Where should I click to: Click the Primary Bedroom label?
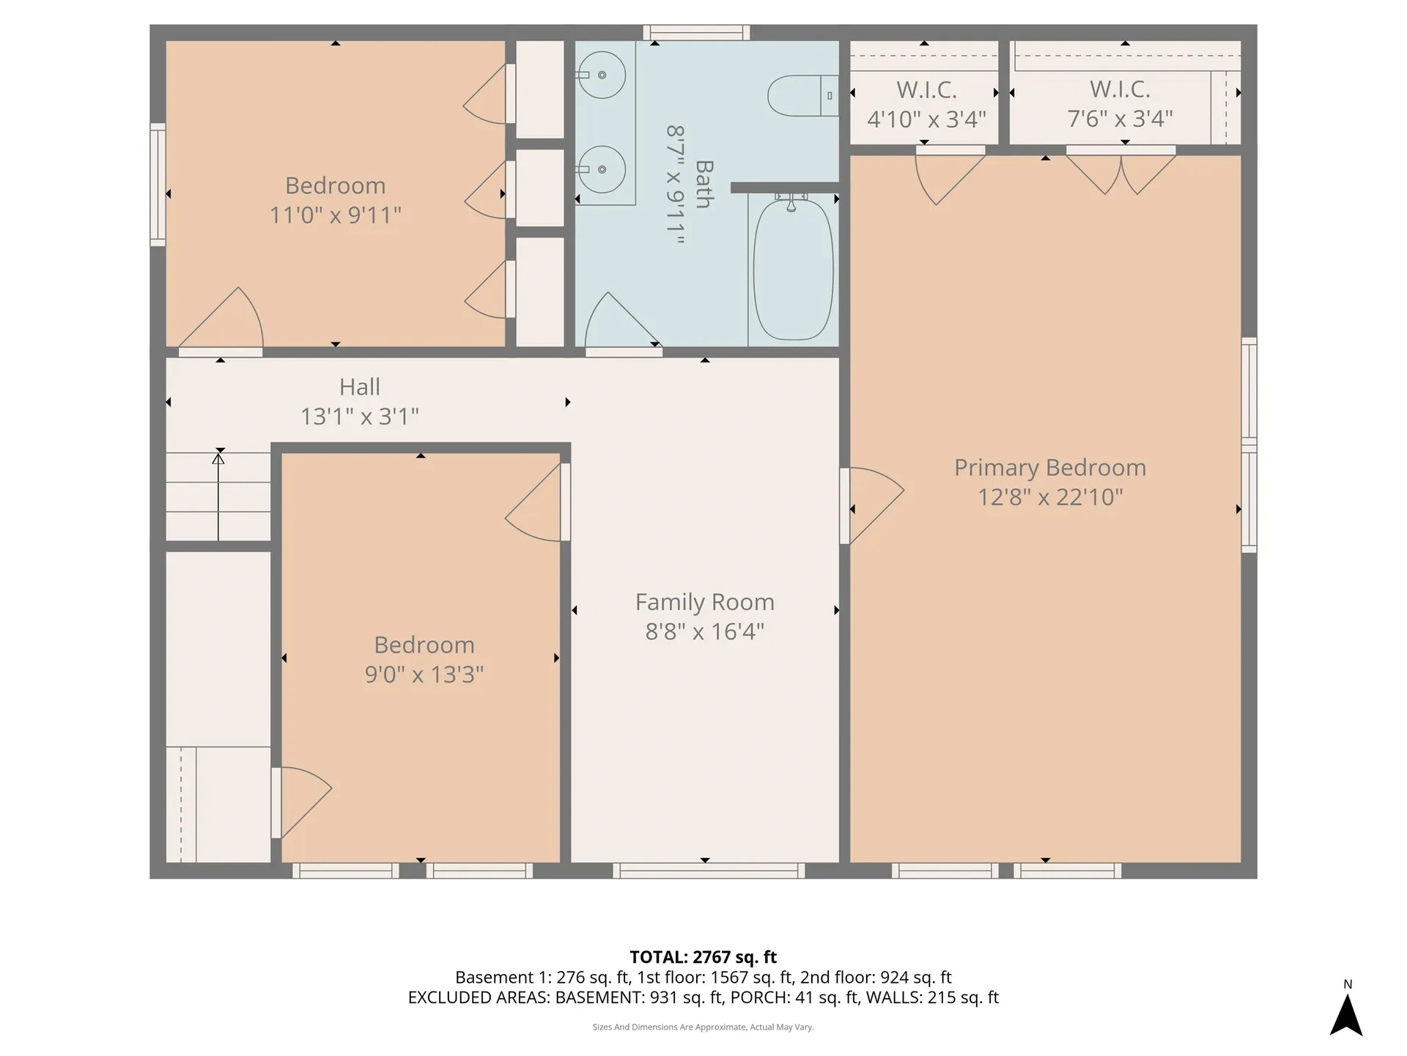pyautogui.click(x=1049, y=468)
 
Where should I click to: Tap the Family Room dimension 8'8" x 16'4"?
pyautogui.click(x=704, y=631)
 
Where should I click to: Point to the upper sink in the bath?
pyautogui.click(x=602, y=75)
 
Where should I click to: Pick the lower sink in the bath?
pyautogui.click(x=602, y=169)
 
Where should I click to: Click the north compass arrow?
pyautogui.click(x=1346, y=1015)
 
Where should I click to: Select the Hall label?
pyautogui.click(x=359, y=387)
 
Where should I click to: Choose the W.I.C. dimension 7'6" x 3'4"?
pyautogui.click(x=1120, y=119)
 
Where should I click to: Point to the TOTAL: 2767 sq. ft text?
pyautogui.click(x=703, y=957)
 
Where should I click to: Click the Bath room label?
pyautogui.click(x=703, y=184)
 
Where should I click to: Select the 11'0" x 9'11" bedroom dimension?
pyautogui.click(x=335, y=216)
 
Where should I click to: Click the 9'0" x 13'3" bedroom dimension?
pyautogui.click(x=424, y=675)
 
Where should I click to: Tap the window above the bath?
pyautogui.click(x=696, y=32)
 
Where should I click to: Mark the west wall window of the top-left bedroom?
pyautogui.click(x=158, y=184)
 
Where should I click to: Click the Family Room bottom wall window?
pyautogui.click(x=709, y=870)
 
